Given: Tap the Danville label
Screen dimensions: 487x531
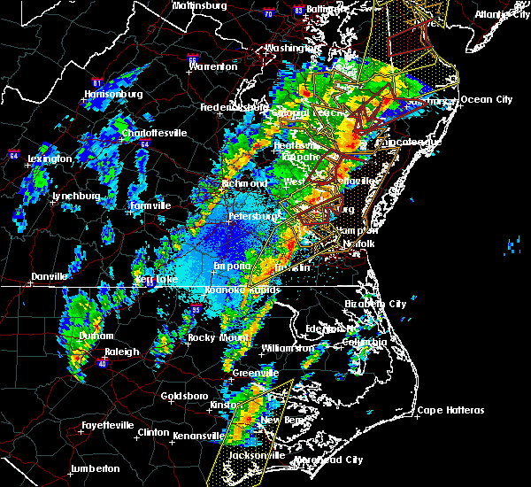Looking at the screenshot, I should (x=50, y=277).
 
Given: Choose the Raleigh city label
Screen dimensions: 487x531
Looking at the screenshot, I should (x=122, y=352).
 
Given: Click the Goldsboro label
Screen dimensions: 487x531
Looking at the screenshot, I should (x=186, y=396).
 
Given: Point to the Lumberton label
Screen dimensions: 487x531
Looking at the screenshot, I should (x=95, y=468).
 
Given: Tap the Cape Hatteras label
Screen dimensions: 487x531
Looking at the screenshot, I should (x=451, y=410).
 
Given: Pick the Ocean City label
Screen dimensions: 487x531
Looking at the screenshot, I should (x=487, y=99).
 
